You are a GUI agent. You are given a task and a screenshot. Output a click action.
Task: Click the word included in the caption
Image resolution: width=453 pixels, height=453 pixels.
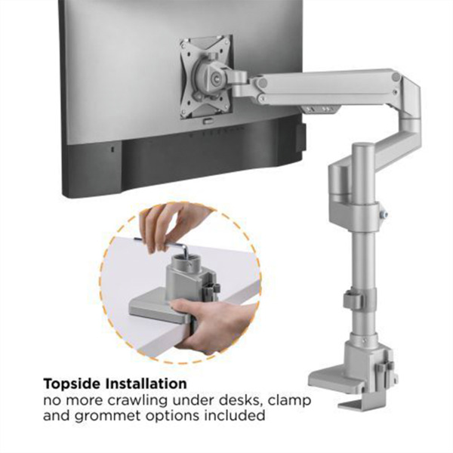click(x=233, y=415)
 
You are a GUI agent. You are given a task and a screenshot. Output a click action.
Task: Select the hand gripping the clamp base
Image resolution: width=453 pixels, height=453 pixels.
click(x=204, y=321)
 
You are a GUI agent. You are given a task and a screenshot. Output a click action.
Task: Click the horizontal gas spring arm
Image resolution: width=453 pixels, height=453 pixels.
click(x=325, y=85)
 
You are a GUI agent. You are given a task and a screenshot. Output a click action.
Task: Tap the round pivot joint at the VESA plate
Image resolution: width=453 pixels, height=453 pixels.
click(x=208, y=75)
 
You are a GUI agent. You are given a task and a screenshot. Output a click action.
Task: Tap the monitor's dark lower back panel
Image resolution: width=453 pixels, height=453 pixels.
click(x=189, y=162)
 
